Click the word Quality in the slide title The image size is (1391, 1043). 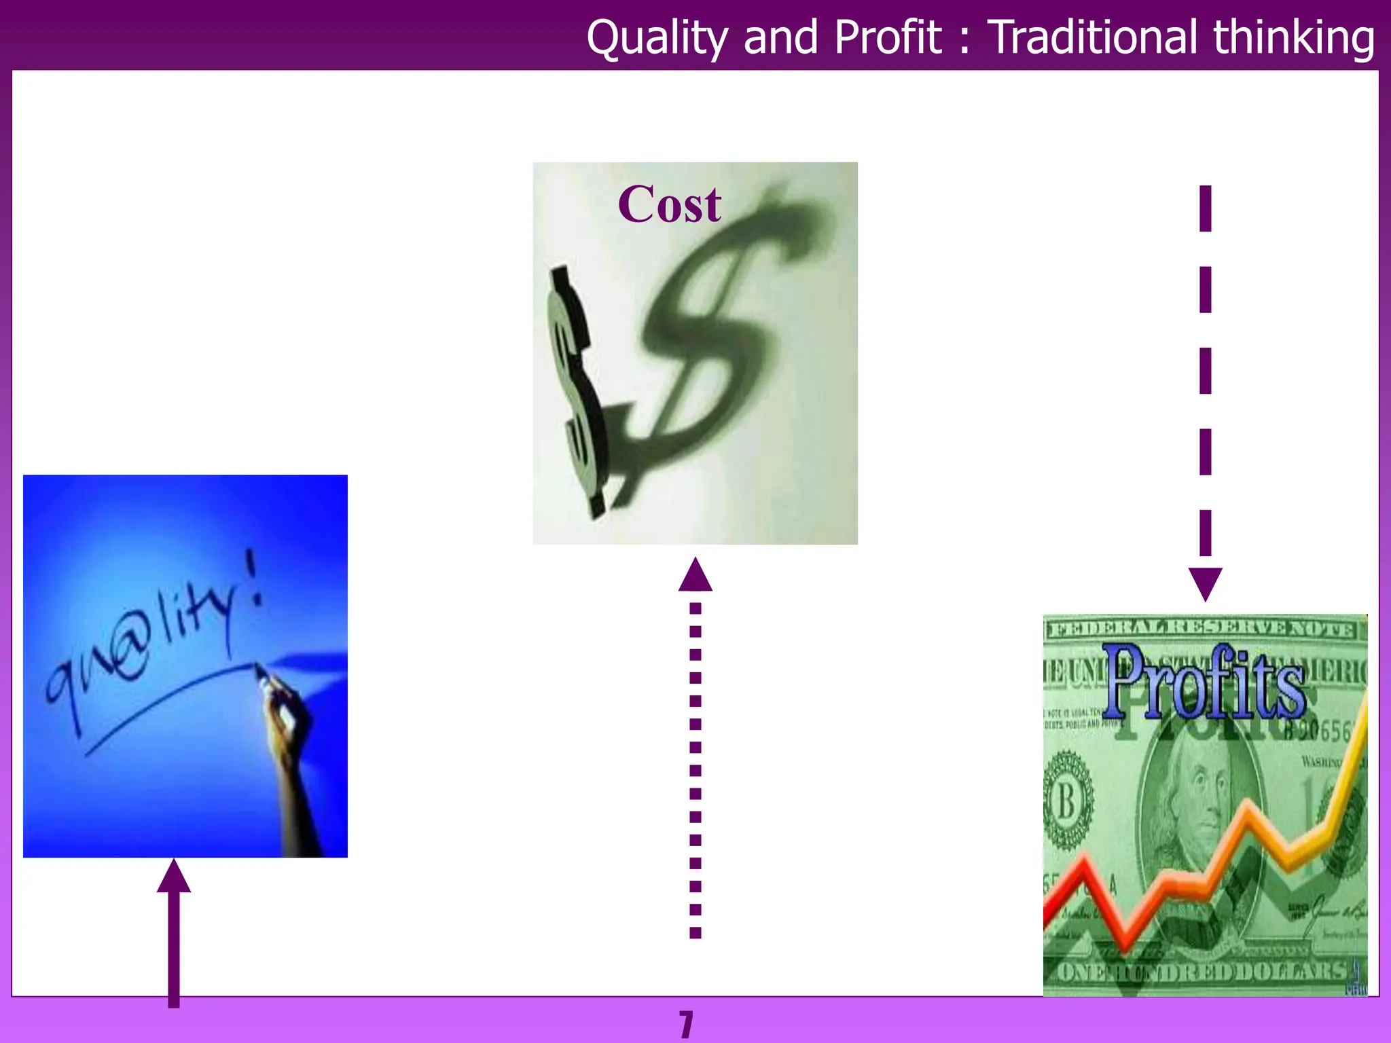[x=657, y=38]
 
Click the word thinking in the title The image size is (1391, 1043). [x=1294, y=38]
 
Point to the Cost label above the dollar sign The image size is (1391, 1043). [x=669, y=204]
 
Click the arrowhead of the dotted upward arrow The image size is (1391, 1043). [x=695, y=575]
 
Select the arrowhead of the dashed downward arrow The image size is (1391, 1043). [x=1205, y=583]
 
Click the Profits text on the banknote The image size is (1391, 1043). [x=1204, y=683]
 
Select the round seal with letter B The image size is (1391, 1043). [x=1067, y=802]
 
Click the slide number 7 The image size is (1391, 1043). [x=687, y=1024]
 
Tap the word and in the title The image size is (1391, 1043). [x=781, y=38]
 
